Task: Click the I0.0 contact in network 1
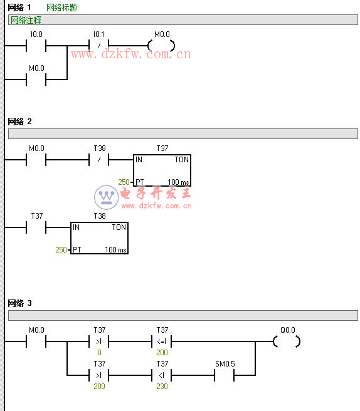tap(36, 46)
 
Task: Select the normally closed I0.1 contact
tap(99, 46)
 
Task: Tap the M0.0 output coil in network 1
tap(161, 46)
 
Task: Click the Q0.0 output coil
tap(287, 341)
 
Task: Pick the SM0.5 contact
tap(225, 375)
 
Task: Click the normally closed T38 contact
tap(99, 159)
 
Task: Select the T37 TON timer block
tap(162, 170)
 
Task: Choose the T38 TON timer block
tap(100, 238)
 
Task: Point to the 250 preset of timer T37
tap(124, 182)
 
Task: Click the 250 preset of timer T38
tap(61, 249)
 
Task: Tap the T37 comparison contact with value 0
tap(99, 341)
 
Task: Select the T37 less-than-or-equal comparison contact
tap(162, 341)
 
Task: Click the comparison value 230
tap(162, 387)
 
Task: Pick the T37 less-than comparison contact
tap(162, 375)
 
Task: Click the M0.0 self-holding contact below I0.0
tap(36, 80)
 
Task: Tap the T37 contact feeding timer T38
tap(36, 227)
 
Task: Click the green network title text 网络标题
tap(61, 8)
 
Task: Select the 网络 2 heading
tap(19, 122)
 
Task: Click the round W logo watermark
tap(106, 197)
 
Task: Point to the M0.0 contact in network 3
tap(36, 341)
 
